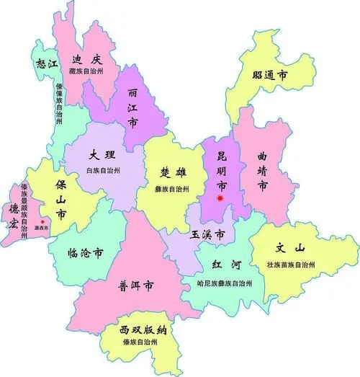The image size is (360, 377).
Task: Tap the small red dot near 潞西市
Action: (43, 221)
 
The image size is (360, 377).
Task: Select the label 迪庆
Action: (87, 59)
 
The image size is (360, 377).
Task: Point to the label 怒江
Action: (48, 63)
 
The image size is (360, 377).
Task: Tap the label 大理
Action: (102, 155)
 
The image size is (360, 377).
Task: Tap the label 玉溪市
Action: (207, 235)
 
